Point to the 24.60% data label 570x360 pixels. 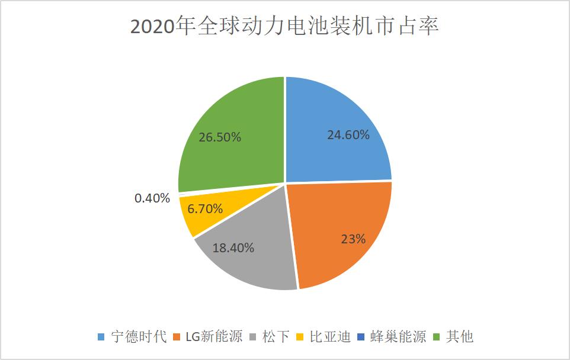348,135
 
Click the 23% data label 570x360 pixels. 353,239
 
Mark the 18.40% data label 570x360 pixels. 233,248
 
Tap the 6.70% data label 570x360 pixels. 204,208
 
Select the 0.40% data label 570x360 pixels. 152,198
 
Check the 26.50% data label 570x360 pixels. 220,137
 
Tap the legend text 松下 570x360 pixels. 276,337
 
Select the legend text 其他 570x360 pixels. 460,337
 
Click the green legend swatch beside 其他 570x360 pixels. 438,337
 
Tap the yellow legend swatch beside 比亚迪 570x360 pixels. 300,337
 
